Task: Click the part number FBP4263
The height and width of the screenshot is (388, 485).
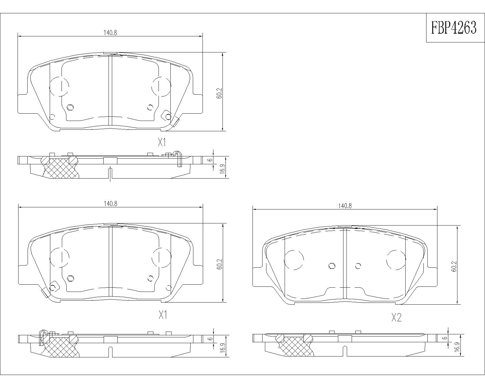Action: click(454, 28)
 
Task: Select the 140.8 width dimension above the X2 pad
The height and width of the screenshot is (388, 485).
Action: click(345, 206)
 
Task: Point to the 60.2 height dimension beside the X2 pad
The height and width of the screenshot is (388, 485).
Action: click(454, 266)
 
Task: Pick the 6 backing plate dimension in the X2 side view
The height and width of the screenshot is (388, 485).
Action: click(444, 338)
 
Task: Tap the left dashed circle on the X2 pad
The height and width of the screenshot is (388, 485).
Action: click(294, 260)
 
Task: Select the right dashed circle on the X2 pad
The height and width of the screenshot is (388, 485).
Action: click(396, 260)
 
